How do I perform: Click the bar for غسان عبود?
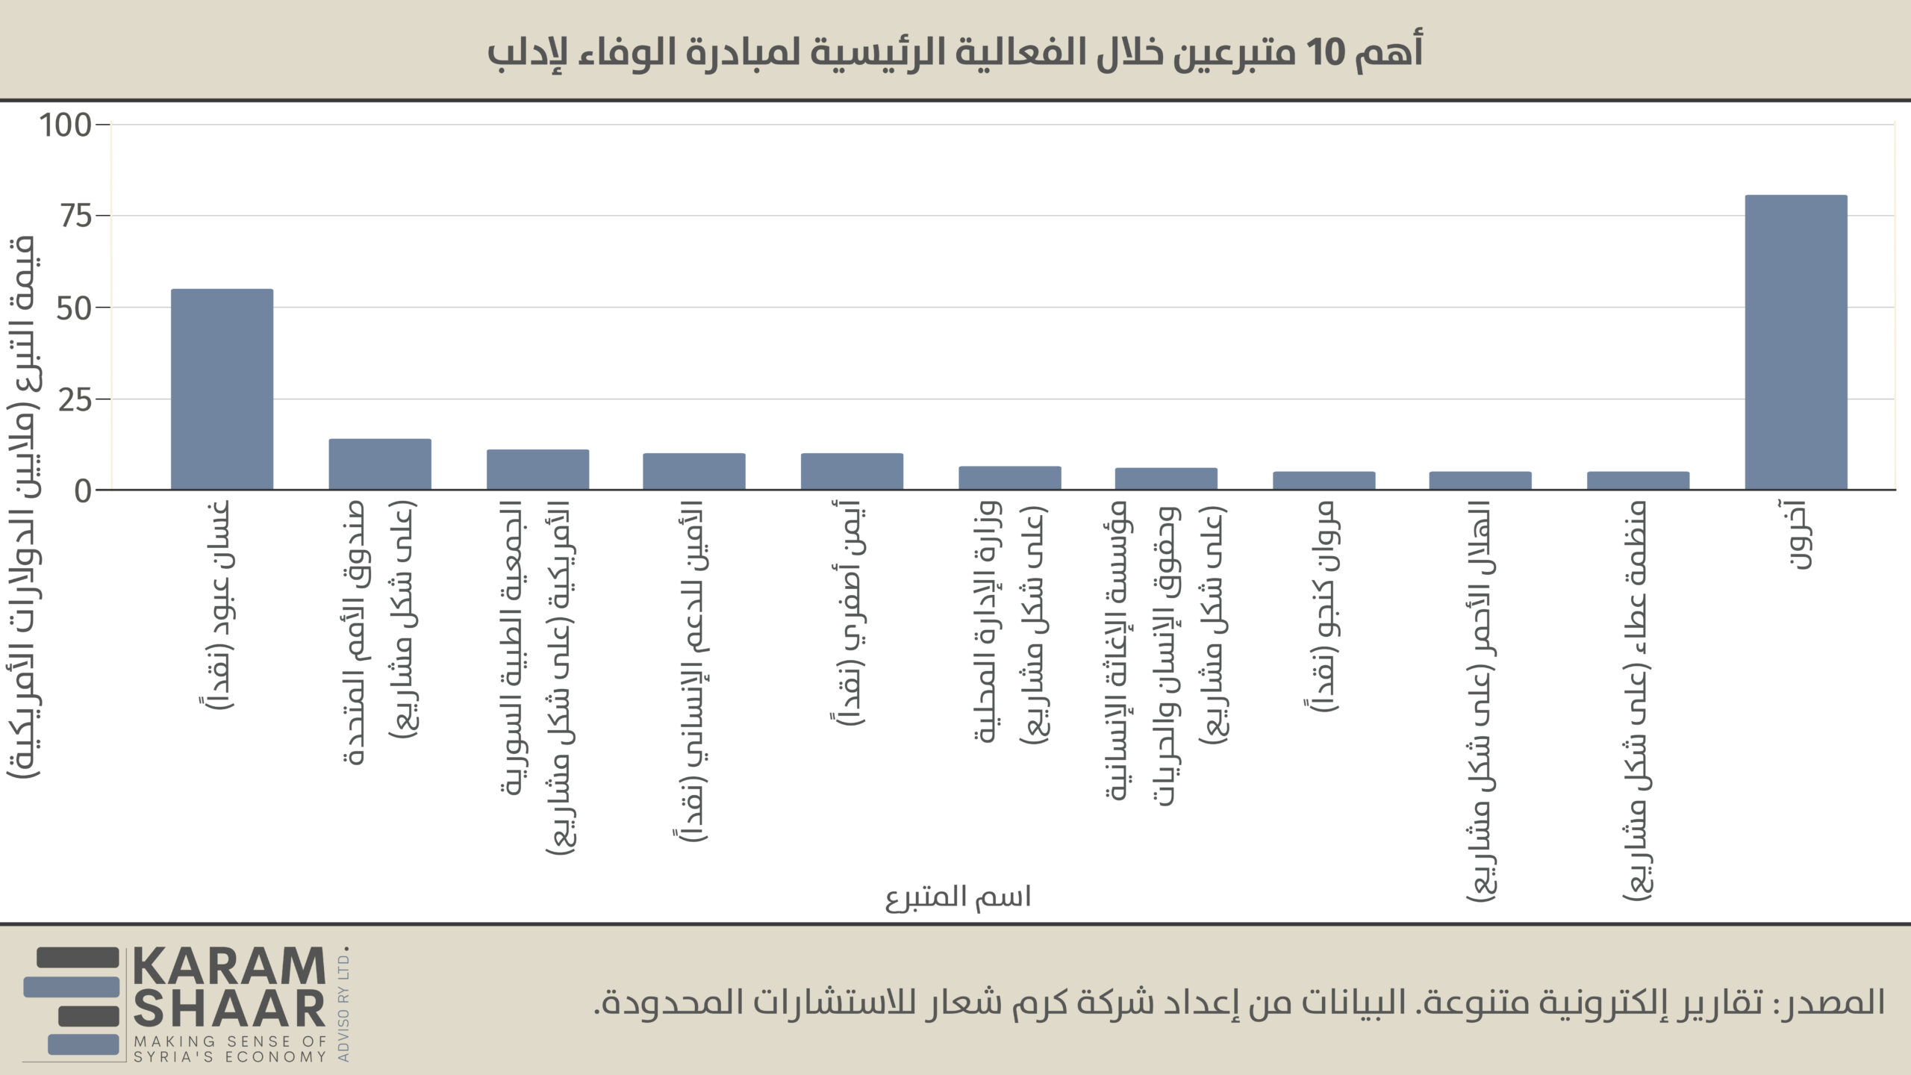222,389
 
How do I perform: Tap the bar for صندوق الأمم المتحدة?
380,464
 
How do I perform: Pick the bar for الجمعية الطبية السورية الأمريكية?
537,470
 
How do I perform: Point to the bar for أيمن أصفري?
852,472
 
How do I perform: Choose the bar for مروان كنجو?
1324,481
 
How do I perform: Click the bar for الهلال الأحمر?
1480,481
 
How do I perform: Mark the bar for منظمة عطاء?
1638,481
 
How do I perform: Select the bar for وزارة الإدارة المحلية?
1009,479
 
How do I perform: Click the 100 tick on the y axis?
65,125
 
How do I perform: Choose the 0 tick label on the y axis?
82,491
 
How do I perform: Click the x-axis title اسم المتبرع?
958,897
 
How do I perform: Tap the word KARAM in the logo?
230,967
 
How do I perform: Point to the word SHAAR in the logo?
230,1009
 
